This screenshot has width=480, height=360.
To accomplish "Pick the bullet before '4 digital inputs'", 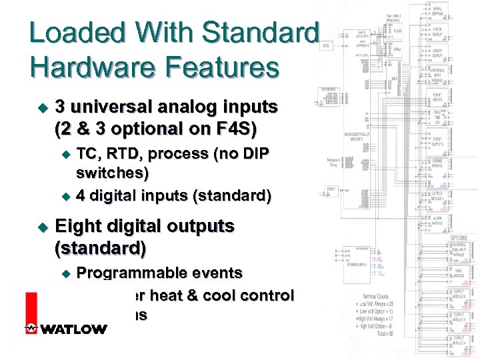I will [x=65, y=196].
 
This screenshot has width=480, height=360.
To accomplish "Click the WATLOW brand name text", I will [x=73, y=329].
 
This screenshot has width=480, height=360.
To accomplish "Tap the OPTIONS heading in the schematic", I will [x=457, y=238].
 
